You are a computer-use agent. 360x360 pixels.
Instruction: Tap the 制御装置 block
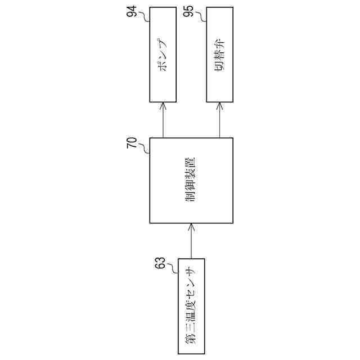tap(192, 180)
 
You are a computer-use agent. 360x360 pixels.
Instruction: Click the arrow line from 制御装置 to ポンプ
tap(164, 121)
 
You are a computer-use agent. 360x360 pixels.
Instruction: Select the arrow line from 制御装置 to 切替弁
tap(220, 121)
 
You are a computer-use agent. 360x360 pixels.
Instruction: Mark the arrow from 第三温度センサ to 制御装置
tap(191, 242)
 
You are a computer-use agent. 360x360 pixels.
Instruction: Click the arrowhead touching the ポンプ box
tap(164, 105)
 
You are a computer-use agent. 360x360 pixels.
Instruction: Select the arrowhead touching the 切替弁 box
tap(220, 105)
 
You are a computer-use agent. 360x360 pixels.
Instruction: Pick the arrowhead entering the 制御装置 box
tap(191, 226)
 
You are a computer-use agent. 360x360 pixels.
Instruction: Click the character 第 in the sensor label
tap(191, 340)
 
